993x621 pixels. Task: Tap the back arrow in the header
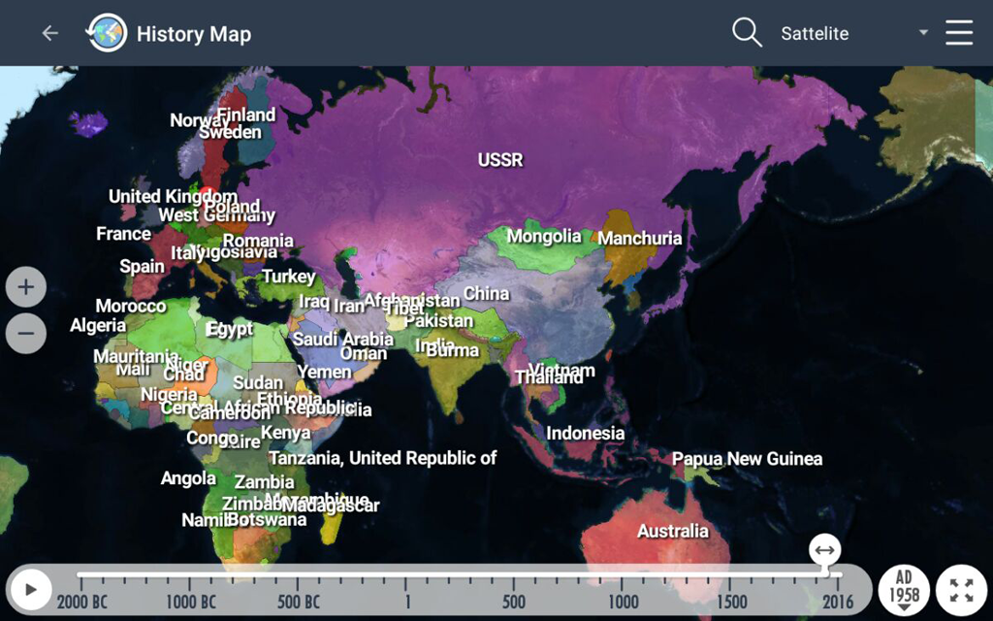coord(49,33)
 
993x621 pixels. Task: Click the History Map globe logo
coord(107,33)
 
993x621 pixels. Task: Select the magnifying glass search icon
coord(747,33)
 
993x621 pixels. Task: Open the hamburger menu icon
coord(959,33)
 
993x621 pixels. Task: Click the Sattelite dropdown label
coord(815,34)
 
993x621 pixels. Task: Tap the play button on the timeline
coord(31,589)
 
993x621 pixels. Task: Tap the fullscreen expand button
coord(961,589)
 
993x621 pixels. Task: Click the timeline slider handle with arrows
coord(824,551)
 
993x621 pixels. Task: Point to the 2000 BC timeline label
coord(82,602)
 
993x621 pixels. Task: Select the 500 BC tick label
coord(299,602)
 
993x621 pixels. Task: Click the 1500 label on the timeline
coord(732,602)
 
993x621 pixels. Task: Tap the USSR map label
coord(500,160)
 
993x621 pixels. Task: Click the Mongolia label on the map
coord(544,236)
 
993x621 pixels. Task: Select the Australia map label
coord(672,531)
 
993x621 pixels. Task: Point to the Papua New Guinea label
coord(747,459)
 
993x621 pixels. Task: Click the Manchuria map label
coord(640,238)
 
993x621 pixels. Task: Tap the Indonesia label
coord(585,433)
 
